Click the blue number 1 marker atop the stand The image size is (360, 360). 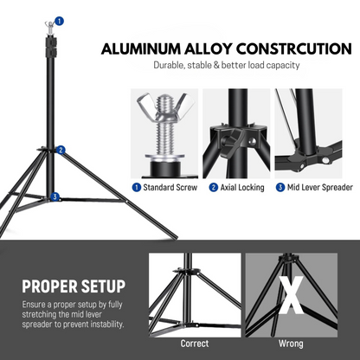click(x=59, y=19)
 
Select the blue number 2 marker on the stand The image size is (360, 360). click(x=61, y=149)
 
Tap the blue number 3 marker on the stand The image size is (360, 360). click(x=55, y=196)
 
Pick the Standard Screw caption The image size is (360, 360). click(x=169, y=187)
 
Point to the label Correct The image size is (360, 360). click(x=194, y=343)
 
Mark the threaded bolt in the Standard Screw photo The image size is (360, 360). click(x=162, y=144)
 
